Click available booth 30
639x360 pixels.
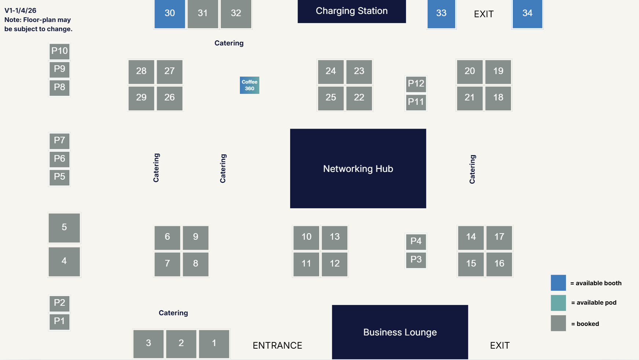tap(169, 14)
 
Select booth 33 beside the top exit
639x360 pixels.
tap(441, 14)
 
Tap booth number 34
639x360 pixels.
tap(527, 14)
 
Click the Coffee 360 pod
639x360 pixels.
tap(249, 85)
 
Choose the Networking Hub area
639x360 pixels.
tap(358, 168)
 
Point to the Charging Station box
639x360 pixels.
tap(352, 11)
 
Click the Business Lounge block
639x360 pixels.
tap(400, 332)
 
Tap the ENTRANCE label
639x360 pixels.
tap(277, 345)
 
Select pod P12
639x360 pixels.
tap(416, 84)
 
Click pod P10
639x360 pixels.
tap(59, 51)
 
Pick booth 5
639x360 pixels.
tap(64, 228)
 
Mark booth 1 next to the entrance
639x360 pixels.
tap(214, 344)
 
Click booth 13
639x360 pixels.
tap(335, 237)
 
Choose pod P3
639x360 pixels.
tap(416, 260)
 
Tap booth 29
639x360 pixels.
tap(141, 98)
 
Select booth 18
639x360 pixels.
tap(498, 98)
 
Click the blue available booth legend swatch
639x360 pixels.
tap(558, 283)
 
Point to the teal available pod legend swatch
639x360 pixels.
tap(558, 303)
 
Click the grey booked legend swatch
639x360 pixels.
tap(558, 323)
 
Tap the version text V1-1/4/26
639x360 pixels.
tap(21, 11)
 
